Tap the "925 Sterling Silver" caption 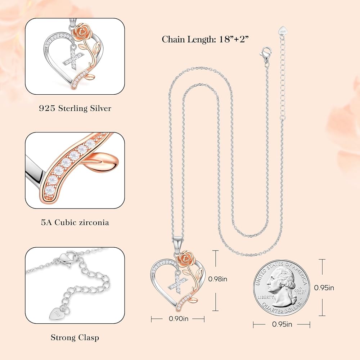[75, 108]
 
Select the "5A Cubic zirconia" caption [75, 222]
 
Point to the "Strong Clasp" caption [75, 337]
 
